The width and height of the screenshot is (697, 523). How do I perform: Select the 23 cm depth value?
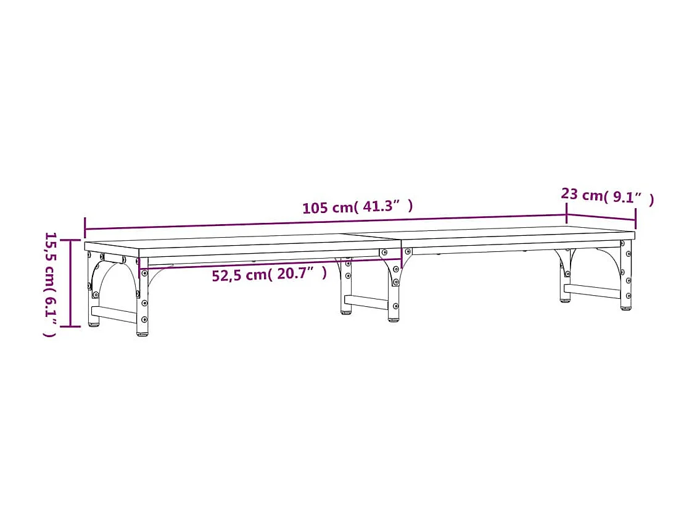tap(582, 195)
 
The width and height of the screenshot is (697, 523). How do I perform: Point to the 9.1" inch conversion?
tap(629, 198)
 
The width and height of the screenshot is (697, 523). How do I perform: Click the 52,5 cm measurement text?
tap(239, 275)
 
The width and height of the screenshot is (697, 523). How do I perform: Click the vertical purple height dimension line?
tap(71, 283)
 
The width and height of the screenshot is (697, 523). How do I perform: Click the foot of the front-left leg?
tap(142, 333)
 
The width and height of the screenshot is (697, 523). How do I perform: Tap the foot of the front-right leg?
tap(625, 307)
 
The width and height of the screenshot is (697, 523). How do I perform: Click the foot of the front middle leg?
tap(394, 319)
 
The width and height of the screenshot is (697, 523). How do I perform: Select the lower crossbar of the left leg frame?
tap(114, 315)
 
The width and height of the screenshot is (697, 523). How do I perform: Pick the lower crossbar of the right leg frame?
tap(592, 290)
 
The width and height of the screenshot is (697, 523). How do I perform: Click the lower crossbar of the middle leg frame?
tap(366, 302)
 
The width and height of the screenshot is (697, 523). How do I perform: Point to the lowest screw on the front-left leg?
tap(144, 319)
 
